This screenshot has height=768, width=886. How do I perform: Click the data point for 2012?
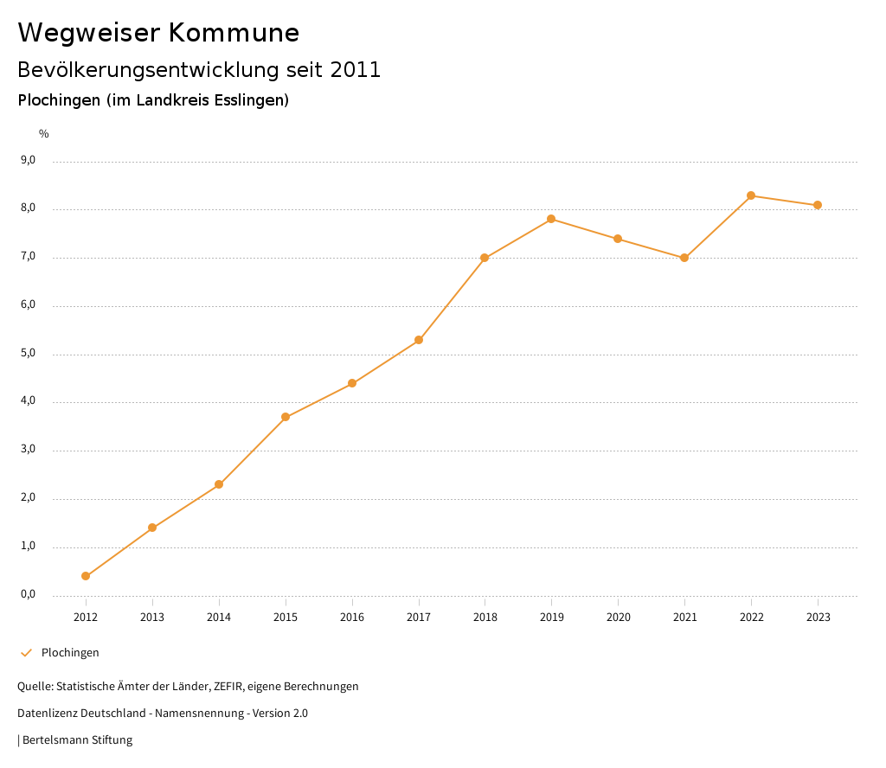tap(86, 576)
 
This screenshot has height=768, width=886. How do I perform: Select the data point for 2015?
tap(286, 417)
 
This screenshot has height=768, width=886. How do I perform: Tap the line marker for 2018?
tap(485, 258)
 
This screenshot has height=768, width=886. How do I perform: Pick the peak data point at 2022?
tap(751, 195)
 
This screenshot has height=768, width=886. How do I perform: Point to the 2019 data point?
tap(551, 219)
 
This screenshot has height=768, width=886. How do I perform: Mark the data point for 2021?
tap(684, 258)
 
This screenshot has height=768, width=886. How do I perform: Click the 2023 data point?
tap(818, 205)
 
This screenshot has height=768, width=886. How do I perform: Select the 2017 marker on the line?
tap(419, 340)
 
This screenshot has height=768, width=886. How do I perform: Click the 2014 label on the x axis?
tap(219, 617)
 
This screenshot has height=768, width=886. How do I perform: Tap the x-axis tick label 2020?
tap(618, 617)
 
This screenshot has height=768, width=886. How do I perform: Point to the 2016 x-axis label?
tap(352, 617)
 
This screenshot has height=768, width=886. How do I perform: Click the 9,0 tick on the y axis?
tap(29, 160)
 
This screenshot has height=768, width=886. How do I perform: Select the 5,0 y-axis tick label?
tap(29, 353)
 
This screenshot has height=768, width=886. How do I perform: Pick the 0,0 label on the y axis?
tap(29, 594)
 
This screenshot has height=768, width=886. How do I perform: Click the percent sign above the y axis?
tap(44, 133)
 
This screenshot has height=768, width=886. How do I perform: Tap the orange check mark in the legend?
tap(26, 652)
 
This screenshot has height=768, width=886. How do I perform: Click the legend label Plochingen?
tap(70, 652)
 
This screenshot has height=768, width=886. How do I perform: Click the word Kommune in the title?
tap(234, 33)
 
